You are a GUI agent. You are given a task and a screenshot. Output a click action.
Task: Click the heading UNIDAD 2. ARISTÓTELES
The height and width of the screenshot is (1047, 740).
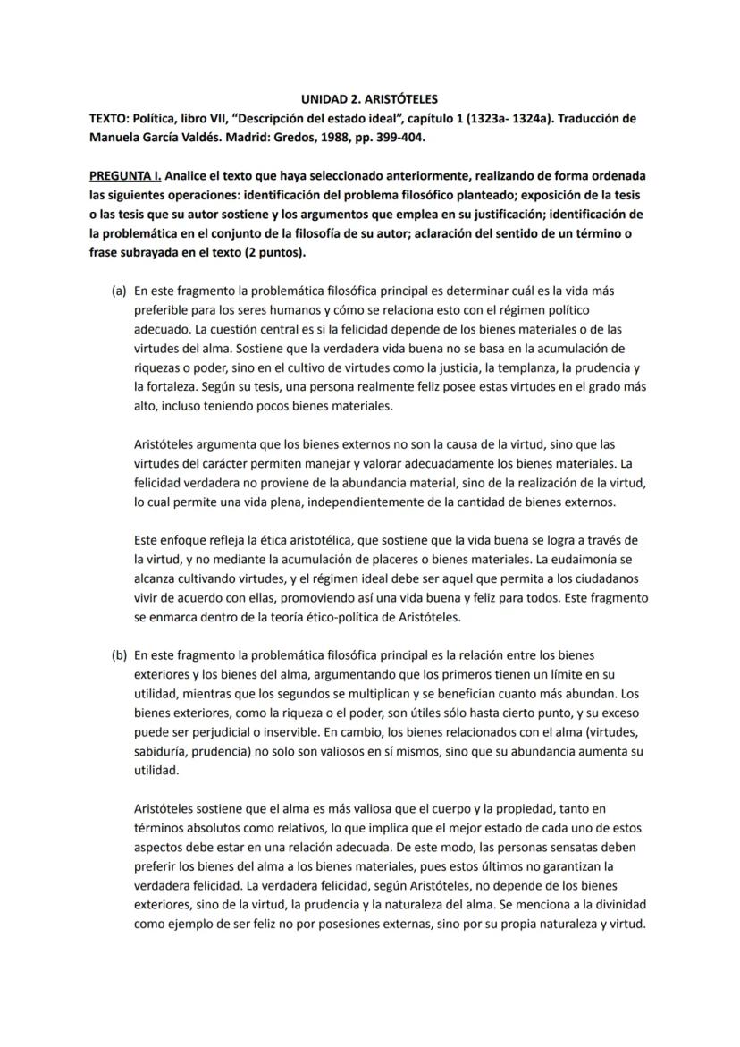click(368, 99)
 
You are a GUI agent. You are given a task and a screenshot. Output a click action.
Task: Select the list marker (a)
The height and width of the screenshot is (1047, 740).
click(118, 291)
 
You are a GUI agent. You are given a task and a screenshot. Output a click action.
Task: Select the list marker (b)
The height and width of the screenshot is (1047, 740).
click(118, 654)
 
